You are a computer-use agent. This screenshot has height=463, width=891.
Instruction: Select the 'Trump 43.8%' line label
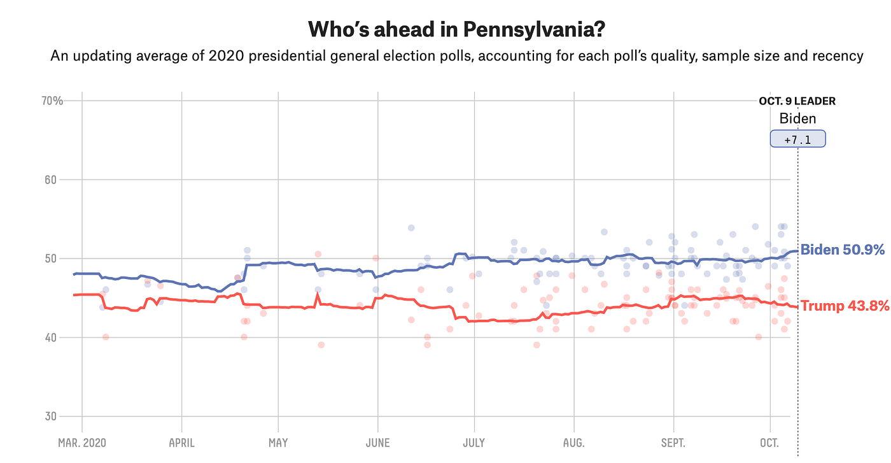pos(844,306)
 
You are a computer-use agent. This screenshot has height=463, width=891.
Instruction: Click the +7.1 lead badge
pos(797,139)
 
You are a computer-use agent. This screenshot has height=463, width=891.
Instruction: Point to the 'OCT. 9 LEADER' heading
pos(797,101)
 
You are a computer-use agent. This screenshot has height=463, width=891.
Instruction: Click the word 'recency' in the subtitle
pos(840,56)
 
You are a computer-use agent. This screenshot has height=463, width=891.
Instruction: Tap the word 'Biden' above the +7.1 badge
pos(797,118)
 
